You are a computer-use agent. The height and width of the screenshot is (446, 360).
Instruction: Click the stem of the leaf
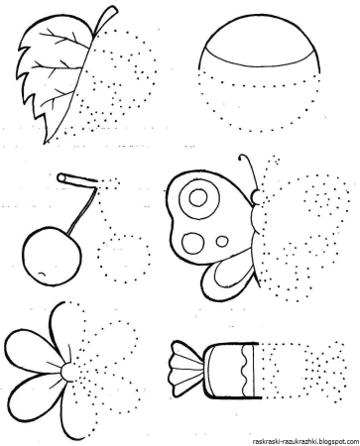106,19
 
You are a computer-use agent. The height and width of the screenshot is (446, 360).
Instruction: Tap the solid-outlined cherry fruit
52,255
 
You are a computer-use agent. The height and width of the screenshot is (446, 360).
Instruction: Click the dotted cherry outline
124,259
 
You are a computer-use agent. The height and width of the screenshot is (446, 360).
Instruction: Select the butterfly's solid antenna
249,169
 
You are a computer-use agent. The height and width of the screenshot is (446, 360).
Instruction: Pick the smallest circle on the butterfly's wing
222,241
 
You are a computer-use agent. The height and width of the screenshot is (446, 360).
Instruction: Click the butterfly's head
256,197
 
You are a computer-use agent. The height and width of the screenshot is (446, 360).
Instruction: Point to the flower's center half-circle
66,372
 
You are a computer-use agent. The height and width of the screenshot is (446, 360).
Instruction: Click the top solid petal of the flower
60,327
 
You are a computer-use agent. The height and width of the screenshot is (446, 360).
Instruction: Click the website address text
304,441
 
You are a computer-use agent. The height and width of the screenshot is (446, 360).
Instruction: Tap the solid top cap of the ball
260,44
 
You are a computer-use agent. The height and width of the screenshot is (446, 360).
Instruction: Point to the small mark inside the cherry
43,274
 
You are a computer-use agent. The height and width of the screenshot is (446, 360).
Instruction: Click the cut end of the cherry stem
61,178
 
